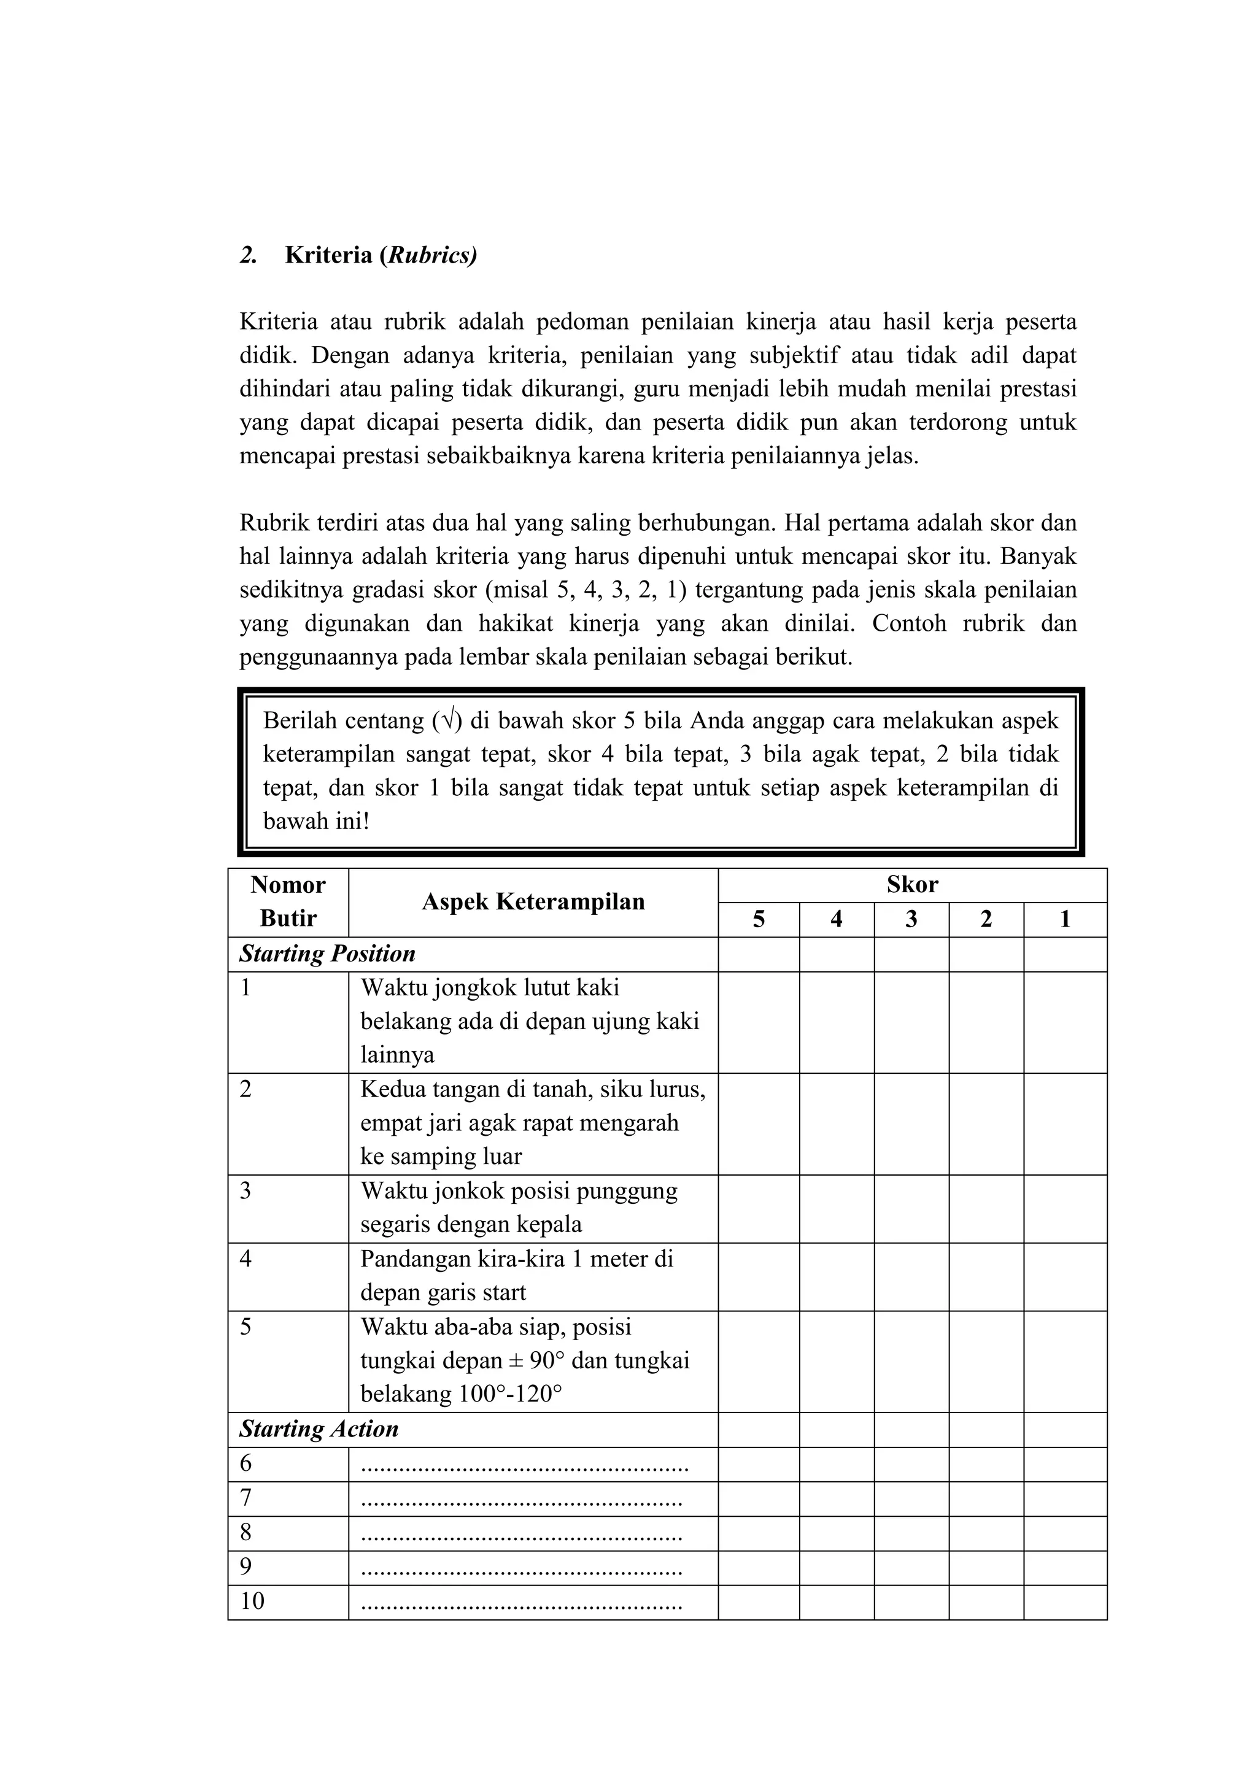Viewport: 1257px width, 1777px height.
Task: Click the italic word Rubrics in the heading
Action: point(431,255)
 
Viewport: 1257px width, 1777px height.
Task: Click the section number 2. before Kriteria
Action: point(249,255)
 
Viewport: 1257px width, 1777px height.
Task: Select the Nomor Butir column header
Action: point(288,901)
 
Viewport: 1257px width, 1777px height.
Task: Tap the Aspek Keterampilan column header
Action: point(533,901)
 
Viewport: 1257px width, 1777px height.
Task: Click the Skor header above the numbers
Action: point(912,885)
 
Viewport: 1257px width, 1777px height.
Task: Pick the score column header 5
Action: point(759,919)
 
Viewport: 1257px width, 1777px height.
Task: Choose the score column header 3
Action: point(911,919)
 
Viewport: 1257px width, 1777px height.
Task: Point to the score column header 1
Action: point(1064,919)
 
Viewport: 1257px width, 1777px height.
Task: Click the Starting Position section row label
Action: point(327,954)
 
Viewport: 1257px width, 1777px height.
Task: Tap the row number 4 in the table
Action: point(246,1259)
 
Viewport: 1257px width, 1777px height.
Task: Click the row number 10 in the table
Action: point(252,1602)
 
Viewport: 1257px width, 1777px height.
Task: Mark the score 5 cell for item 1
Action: point(759,1022)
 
